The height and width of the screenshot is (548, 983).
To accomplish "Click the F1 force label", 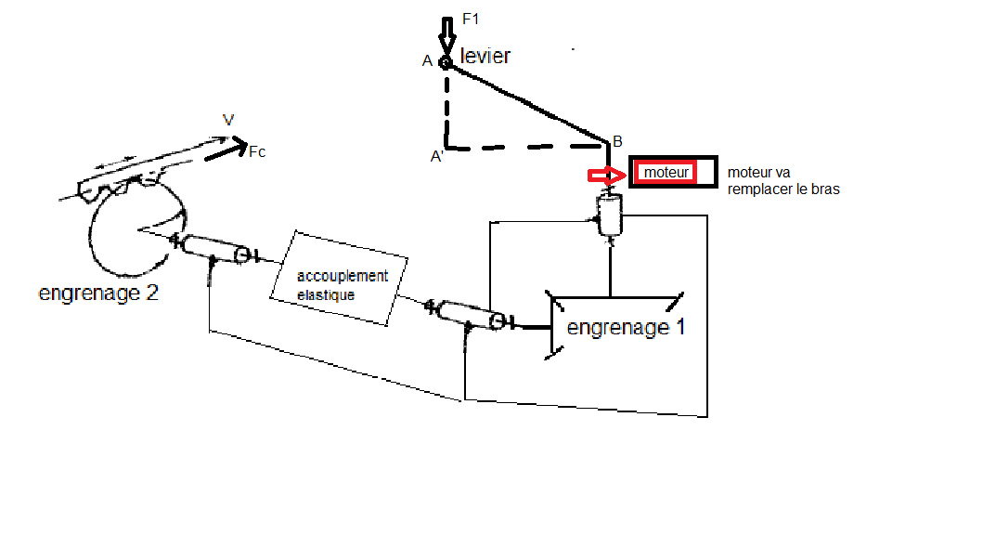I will point(471,18).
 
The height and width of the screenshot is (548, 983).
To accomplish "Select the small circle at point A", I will point(446,63).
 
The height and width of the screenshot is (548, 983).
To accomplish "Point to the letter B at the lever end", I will point(617,141).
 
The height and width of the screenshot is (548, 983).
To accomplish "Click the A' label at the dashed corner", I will point(435,158).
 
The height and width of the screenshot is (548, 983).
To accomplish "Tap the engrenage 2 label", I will point(97,294).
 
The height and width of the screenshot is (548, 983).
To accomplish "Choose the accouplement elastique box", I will point(341,277).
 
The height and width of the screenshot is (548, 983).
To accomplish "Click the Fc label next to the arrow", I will point(256,151).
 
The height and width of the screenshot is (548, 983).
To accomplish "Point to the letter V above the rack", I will point(227,120).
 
